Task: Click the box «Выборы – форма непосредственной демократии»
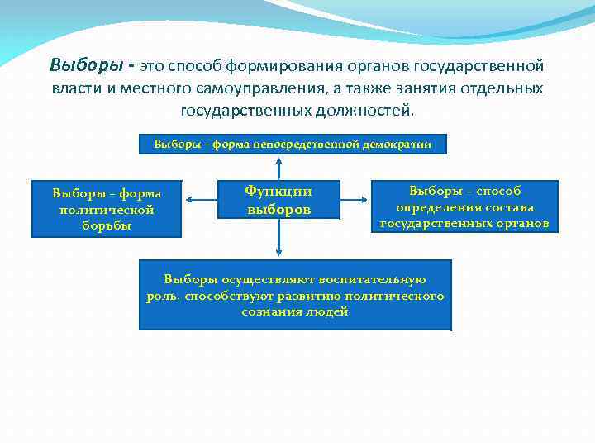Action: click(293, 145)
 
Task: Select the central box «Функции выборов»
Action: click(278, 200)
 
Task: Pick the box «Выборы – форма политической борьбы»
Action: click(107, 209)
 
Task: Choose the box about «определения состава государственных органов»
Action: click(464, 206)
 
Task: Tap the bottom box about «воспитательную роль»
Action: click(295, 295)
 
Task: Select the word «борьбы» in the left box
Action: click(107, 225)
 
